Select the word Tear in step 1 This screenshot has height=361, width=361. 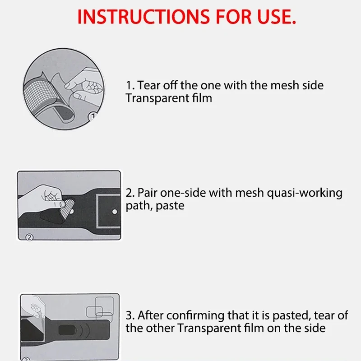(x=149, y=85)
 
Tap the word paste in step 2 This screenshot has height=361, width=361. (x=170, y=206)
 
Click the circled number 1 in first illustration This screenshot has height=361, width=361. (x=93, y=116)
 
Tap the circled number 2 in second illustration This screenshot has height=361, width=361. (x=29, y=237)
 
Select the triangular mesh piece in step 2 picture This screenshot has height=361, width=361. (x=66, y=209)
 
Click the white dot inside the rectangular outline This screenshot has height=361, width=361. (x=115, y=212)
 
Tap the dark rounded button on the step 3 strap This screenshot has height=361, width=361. (x=67, y=330)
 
